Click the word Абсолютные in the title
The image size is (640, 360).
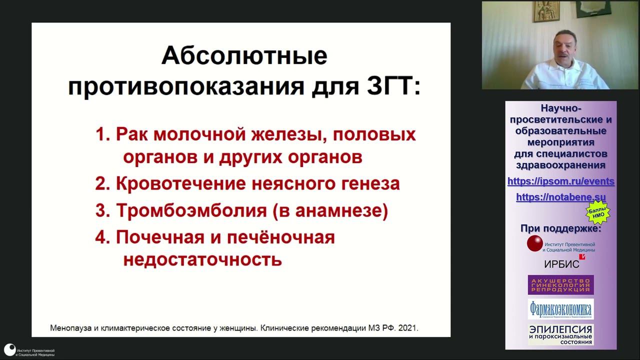[x=244, y=55]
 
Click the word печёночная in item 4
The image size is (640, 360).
[x=280, y=237]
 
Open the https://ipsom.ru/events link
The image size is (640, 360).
[x=560, y=181]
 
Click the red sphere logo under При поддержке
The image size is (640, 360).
[x=534, y=243]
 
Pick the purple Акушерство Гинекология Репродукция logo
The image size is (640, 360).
[x=560, y=284]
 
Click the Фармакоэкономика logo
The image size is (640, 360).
[x=560, y=309]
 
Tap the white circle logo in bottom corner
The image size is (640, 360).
[x=9, y=349]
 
